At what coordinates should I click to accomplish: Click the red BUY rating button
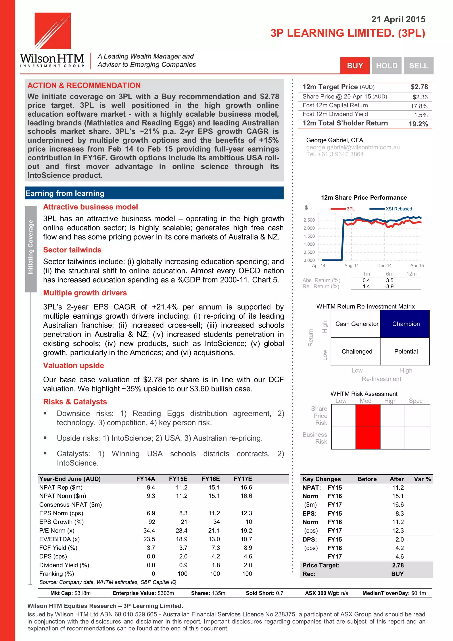[355, 66]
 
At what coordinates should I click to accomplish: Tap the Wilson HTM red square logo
[52, 31]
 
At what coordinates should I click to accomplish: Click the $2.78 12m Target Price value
[419, 87]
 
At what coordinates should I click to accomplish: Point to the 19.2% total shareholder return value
[418, 124]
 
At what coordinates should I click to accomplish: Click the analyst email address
[353, 147]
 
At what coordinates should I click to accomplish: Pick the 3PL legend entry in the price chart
[343, 209]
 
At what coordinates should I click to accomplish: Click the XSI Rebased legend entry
[391, 209]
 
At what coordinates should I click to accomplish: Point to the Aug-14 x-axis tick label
[351, 266]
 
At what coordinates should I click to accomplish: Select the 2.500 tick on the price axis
[309, 220]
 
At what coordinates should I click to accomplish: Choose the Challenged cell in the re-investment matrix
[357, 352]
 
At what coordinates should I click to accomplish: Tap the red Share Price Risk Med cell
[368, 415]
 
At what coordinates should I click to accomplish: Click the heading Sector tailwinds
[72, 250]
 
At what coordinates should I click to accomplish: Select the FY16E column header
[210, 479]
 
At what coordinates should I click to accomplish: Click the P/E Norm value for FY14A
[149, 530]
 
